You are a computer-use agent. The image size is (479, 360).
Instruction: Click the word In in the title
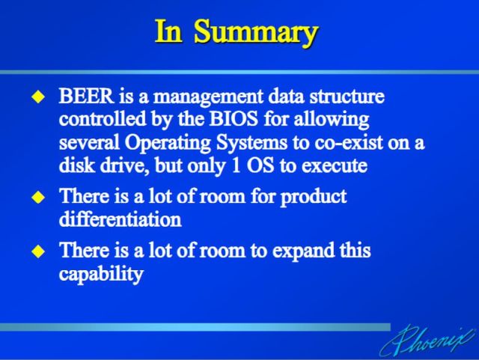168,31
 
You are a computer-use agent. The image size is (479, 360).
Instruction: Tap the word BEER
86,96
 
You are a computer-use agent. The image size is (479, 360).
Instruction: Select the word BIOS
234,119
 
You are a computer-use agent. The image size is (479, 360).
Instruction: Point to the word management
208,97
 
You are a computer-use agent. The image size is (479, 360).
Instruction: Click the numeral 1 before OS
237,165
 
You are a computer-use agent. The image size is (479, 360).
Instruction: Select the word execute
335,166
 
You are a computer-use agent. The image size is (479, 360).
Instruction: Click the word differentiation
120,219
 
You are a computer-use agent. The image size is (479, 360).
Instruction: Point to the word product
314,198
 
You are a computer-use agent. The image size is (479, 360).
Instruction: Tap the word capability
101,274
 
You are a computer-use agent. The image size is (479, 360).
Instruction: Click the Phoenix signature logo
428,340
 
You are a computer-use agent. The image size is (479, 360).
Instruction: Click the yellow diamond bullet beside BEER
38,97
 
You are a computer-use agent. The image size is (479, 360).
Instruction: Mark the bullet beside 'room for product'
38,197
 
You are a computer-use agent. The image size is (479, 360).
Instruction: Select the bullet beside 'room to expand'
38,251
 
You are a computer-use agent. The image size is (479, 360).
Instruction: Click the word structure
347,97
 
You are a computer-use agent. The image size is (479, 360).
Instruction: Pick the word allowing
332,120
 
